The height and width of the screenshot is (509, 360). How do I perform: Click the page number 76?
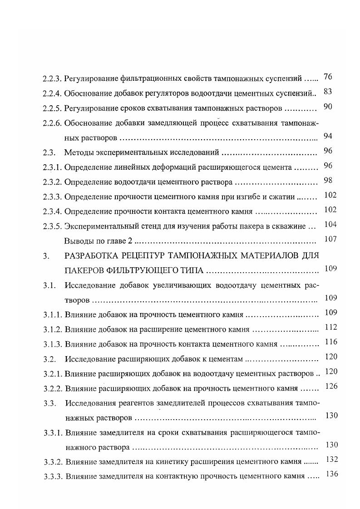tap(328, 77)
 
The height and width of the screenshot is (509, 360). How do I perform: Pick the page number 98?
tap(328, 180)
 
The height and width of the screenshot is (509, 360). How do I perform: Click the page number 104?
tap(330, 224)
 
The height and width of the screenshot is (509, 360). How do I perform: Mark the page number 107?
tap(330, 239)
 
